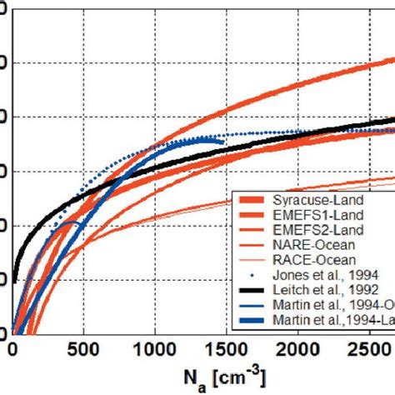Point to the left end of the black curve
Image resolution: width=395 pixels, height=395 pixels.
14,279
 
